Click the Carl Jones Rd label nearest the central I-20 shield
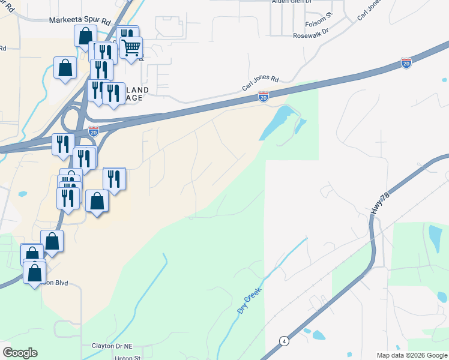point(261,83)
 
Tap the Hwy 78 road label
point(376,207)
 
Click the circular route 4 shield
point(282,341)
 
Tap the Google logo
point(20,353)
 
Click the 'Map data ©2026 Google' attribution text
point(411,355)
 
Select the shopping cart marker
point(131,46)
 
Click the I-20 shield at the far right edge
point(406,62)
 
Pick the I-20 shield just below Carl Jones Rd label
point(263,96)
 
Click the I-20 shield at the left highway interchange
point(93,131)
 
